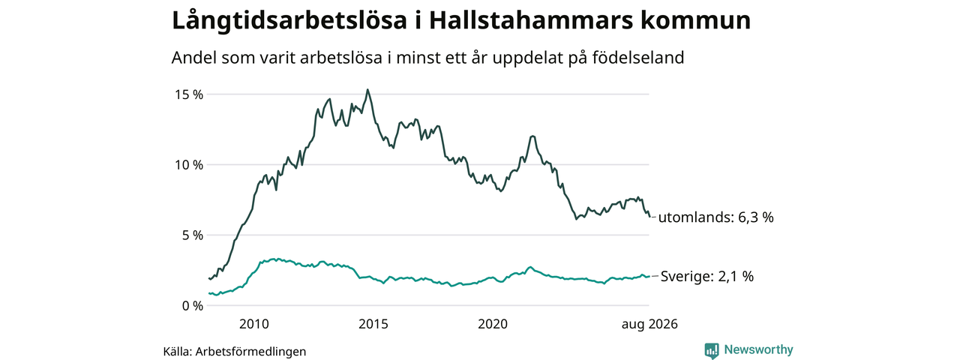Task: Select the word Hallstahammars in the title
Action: [x=530, y=20]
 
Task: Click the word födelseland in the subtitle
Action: [x=638, y=58]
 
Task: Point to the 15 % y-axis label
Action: [x=188, y=94]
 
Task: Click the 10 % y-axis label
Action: [x=188, y=165]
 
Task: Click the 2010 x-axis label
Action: [x=254, y=324]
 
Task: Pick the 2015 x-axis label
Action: [x=373, y=324]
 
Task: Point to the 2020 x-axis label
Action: [x=493, y=324]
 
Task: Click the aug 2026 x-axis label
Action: [x=649, y=325]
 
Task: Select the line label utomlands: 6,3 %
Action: [x=715, y=217]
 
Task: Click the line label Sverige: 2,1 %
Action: [x=706, y=277]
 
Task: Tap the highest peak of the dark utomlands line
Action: [x=367, y=89]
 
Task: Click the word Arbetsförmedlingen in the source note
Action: [x=250, y=352]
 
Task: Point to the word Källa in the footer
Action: [x=178, y=352]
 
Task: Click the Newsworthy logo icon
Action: [x=712, y=350]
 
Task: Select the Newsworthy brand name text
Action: [x=758, y=349]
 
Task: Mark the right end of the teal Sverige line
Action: [x=649, y=277]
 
